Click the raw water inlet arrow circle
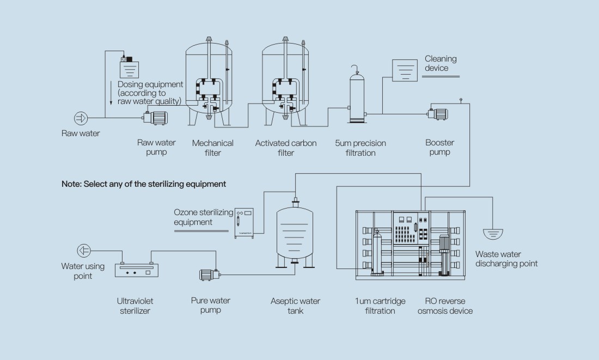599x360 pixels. pos(81,118)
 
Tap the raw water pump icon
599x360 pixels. pos(156,117)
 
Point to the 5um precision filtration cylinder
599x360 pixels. pos(357,98)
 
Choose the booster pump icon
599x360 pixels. pos(438,114)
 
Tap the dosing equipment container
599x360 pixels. pos(129,68)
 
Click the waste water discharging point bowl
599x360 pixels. pos(493,234)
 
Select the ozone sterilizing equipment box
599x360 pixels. pos(243,222)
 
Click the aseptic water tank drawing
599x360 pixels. pos(295,234)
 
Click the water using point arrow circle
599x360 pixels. pos(84,251)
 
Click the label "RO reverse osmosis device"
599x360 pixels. pos(445,306)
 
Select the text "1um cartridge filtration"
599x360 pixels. pos(380,306)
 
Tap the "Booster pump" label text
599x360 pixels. pos(439,148)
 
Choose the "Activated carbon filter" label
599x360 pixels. pos(285,148)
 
